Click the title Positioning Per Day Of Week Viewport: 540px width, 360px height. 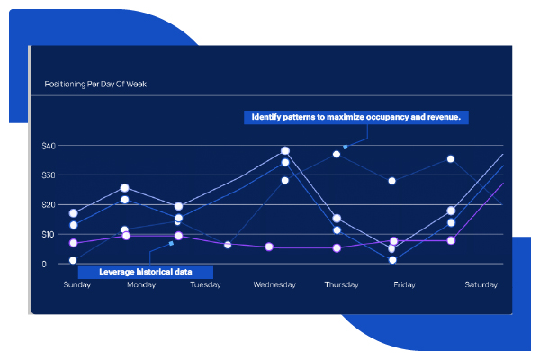(x=95, y=84)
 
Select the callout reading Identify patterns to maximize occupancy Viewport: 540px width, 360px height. (x=356, y=117)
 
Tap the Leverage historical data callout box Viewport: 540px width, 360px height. (x=145, y=272)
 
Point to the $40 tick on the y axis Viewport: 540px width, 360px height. (x=49, y=146)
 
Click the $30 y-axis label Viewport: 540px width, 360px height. (x=49, y=175)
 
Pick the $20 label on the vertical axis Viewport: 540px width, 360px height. (x=49, y=205)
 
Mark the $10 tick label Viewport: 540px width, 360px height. (x=49, y=235)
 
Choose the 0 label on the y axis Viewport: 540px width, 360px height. (x=44, y=265)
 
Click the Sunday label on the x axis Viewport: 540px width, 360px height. (x=77, y=284)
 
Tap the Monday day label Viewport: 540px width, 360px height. (x=141, y=284)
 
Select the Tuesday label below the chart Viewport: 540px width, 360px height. (x=205, y=284)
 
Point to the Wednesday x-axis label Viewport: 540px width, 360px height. (x=274, y=284)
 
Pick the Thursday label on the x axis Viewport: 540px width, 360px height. (x=342, y=284)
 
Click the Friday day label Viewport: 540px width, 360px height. (x=405, y=284)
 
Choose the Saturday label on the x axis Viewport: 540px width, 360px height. (x=481, y=284)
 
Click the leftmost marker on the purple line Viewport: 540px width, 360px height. (x=74, y=243)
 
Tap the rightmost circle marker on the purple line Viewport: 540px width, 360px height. (x=451, y=240)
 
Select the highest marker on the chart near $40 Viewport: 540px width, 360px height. (x=285, y=151)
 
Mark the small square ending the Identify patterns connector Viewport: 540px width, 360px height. (x=346, y=147)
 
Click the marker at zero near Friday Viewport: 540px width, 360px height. (x=392, y=260)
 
